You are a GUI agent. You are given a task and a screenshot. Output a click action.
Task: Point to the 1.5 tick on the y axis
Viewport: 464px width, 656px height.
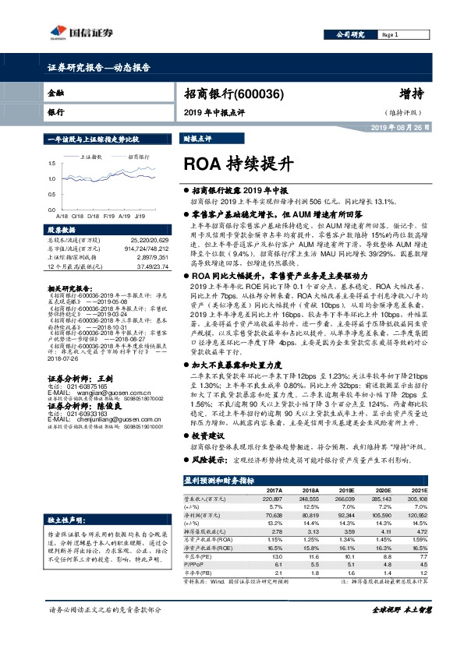pyautogui.click(x=51, y=164)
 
